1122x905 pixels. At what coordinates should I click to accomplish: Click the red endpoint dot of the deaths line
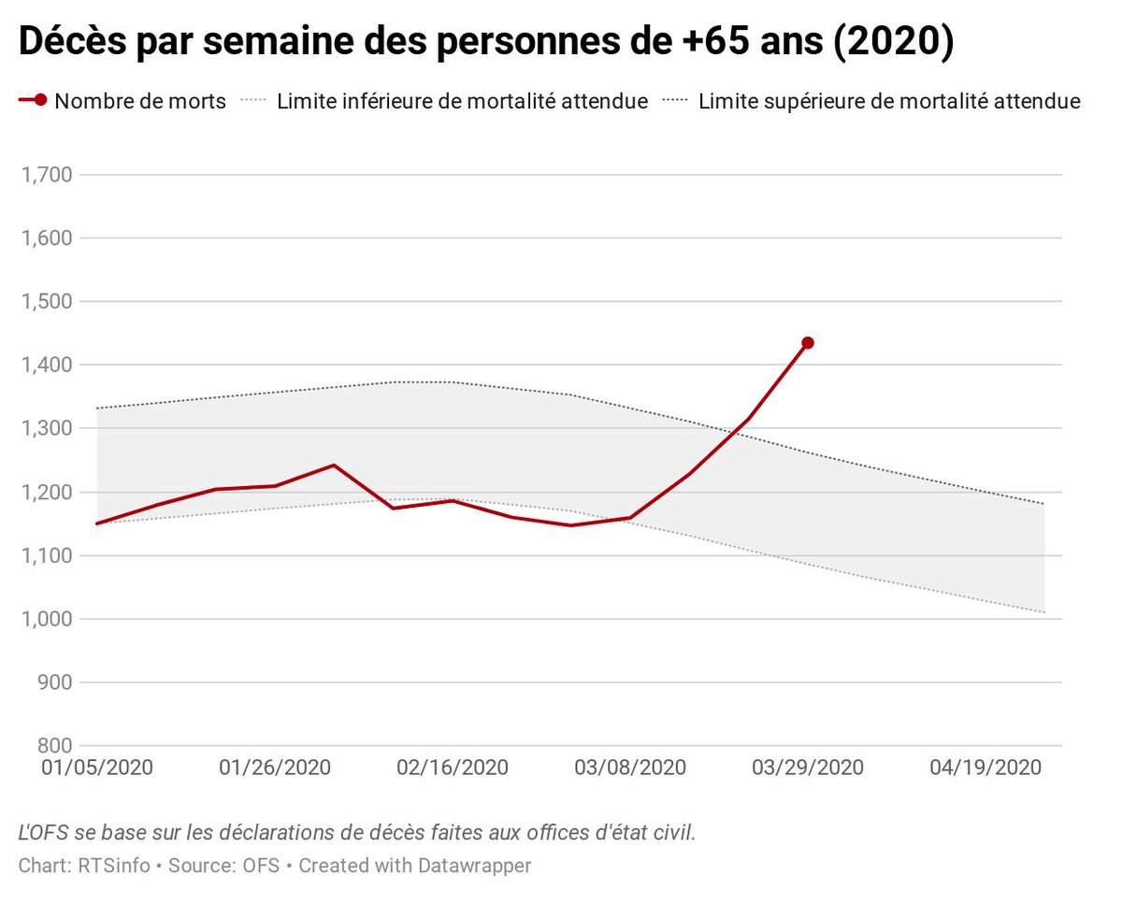pyautogui.click(x=808, y=343)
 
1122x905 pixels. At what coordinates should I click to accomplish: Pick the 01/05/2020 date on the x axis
pyautogui.click(x=97, y=768)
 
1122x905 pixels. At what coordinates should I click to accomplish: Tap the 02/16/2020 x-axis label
pyautogui.click(x=453, y=768)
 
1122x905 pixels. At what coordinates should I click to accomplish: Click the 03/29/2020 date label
pyautogui.click(x=808, y=768)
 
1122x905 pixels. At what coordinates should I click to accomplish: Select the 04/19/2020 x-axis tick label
pyautogui.click(x=985, y=768)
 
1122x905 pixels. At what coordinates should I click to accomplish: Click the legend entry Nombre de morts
pyautogui.click(x=140, y=102)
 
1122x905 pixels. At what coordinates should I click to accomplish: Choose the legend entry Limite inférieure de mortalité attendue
pyautogui.click(x=462, y=102)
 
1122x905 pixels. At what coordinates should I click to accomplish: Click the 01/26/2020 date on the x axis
pyautogui.click(x=275, y=768)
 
